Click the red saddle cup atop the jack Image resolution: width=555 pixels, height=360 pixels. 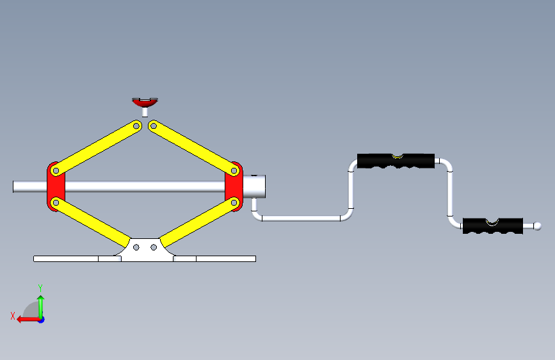point(145,102)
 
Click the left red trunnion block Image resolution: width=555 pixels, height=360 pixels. point(56,187)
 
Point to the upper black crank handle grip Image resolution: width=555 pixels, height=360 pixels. point(396,161)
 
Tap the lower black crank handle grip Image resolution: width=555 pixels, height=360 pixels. point(492,226)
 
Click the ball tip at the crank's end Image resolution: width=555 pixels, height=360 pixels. point(538,226)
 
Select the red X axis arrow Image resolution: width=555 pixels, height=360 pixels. point(26,319)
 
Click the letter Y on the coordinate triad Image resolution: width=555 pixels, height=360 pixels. point(40,288)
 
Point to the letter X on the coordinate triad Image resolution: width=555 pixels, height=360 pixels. point(13,316)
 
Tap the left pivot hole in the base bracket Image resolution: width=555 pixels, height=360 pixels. point(136,247)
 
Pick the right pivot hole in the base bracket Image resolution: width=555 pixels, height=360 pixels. point(154,247)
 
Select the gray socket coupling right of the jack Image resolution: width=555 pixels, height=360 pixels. point(255,186)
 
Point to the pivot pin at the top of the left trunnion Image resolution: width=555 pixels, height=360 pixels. point(56,171)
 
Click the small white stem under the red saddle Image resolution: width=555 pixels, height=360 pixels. point(145,111)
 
